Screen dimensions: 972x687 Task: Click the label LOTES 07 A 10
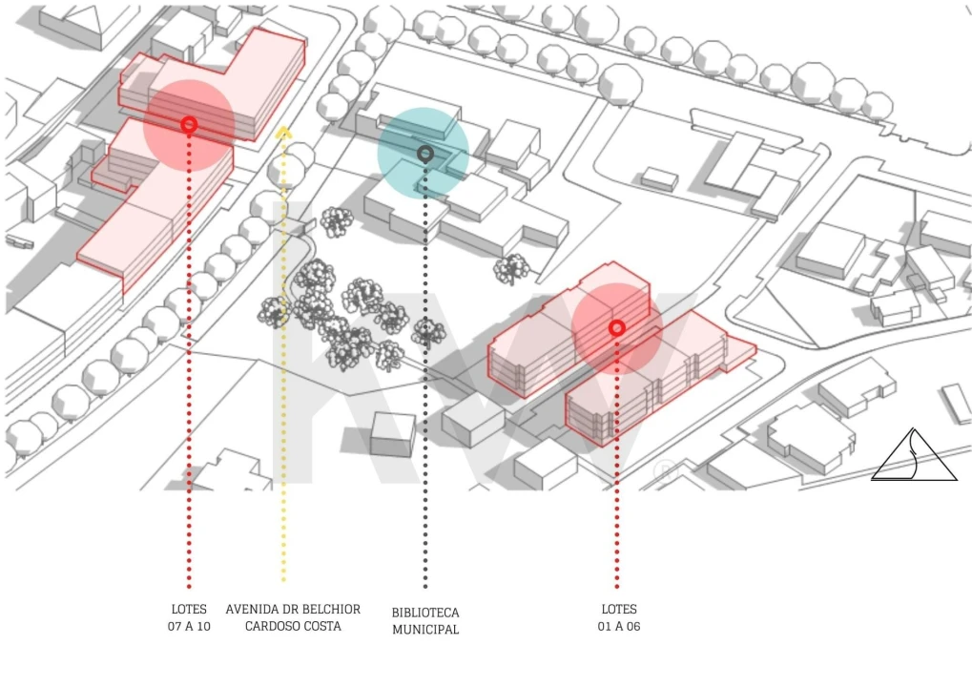(x=189, y=617)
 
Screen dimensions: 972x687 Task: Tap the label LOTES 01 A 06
(x=619, y=617)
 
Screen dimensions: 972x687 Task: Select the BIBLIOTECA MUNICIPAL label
(x=425, y=620)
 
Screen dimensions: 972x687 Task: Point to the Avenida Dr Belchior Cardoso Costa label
(x=293, y=617)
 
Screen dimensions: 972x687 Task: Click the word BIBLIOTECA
(x=425, y=613)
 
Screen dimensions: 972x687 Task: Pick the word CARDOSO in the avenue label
(x=270, y=626)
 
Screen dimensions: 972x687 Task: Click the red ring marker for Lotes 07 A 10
(x=189, y=125)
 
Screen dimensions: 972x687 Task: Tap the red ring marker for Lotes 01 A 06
(x=617, y=327)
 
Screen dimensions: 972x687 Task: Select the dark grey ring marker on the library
(x=424, y=154)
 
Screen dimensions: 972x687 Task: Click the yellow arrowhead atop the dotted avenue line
(x=283, y=131)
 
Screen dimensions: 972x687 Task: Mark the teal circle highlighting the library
(x=424, y=154)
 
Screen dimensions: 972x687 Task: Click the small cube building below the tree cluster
(x=392, y=435)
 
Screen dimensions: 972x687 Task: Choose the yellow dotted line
(x=283, y=357)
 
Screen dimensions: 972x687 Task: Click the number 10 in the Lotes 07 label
(x=203, y=626)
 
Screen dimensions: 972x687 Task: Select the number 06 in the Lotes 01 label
(x=633, y=626)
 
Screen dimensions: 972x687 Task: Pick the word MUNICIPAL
(x=425, y=630)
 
